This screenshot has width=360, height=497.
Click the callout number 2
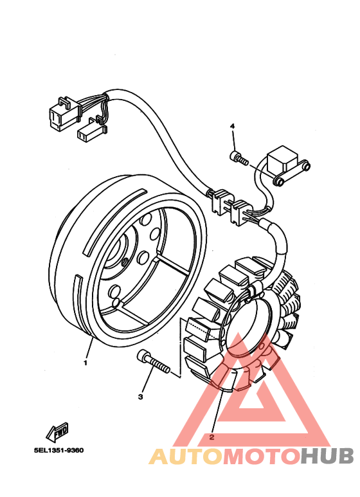[x=211, y=437]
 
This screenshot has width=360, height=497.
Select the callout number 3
[x=140, y=397]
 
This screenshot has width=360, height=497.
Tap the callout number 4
[x=233, y=127]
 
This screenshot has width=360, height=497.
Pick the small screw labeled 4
[x=239, y=156]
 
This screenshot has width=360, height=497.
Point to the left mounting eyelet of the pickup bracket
[x=279, y=181]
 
